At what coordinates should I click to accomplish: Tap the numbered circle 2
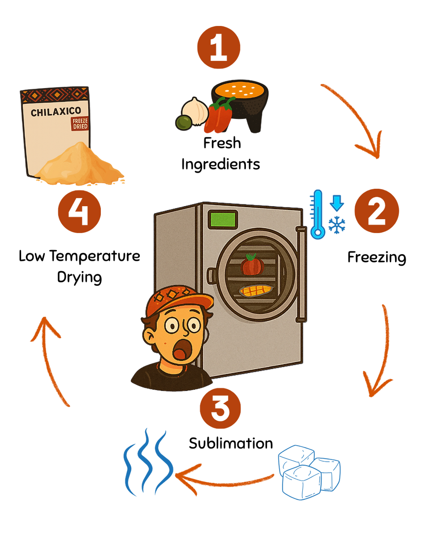click(376, 212)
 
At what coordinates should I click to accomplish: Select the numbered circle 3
click(220, 408)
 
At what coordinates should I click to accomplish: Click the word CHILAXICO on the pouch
click(56, 112)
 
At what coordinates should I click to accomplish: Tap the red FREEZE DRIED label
click(80, 124)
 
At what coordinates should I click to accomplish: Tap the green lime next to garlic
click(184, 122)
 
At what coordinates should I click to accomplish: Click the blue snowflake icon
click(337, 224)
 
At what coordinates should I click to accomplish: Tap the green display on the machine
click(223, 220)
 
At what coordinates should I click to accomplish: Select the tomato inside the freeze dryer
click(253, 265)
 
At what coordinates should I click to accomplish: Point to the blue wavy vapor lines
click(148, 463)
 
